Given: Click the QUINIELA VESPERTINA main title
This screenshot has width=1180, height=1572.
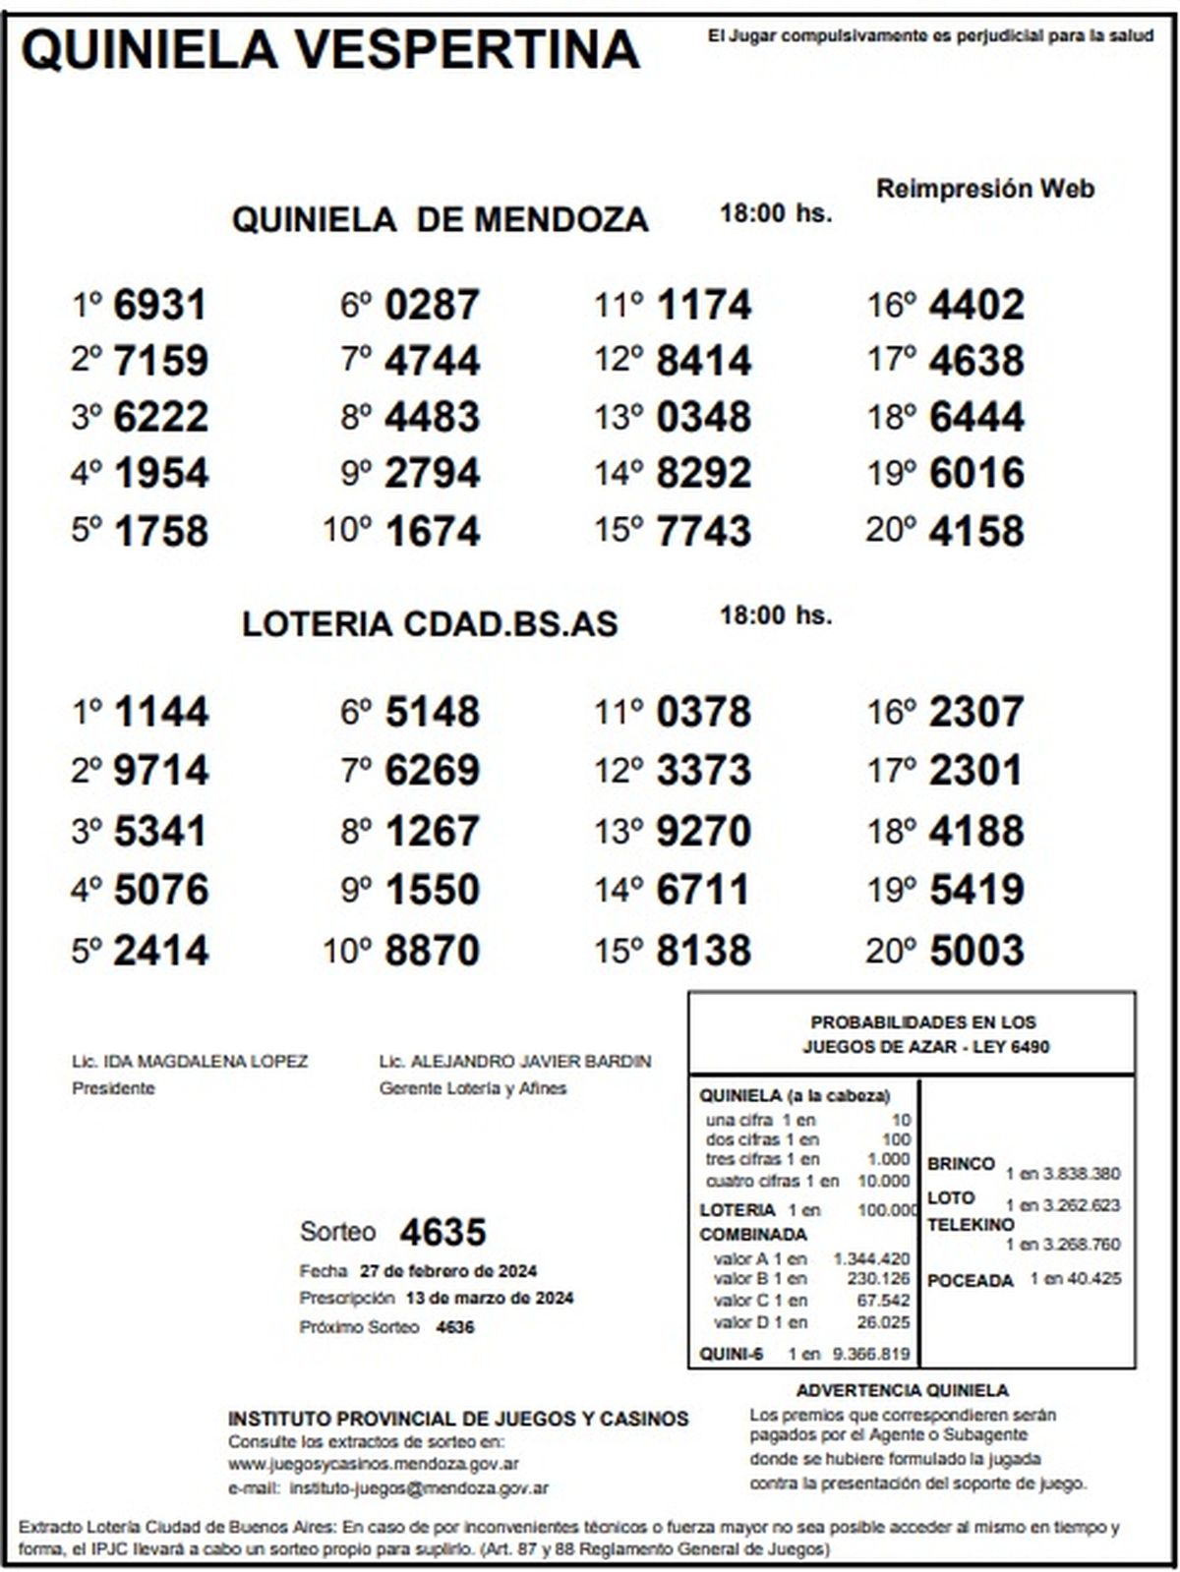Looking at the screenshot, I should coord(330,49).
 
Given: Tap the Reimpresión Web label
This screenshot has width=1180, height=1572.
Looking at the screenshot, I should coord(984,189).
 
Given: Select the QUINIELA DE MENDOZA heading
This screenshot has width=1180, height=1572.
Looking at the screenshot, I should coord(440,219).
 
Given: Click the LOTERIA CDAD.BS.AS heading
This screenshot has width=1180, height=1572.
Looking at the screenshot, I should coord(430,624).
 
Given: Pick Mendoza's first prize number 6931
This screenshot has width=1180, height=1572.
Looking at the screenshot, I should coord(160,305).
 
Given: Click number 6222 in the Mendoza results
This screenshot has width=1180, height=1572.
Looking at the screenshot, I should coord(160,417).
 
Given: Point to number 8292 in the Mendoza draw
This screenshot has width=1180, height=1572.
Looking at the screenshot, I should coord(703,473).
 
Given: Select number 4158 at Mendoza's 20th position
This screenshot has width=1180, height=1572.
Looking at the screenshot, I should coord(975,531).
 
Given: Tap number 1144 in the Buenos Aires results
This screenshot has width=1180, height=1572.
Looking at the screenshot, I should coord(160,712).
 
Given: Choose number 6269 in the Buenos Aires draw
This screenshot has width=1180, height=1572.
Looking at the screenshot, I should coord(432,770).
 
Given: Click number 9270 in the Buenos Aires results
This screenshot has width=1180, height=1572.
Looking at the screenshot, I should coord(703,831).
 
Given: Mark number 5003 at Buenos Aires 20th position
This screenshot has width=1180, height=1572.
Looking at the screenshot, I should coord(975,951).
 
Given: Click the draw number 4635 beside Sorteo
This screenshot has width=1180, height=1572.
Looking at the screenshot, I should coord(442,1232).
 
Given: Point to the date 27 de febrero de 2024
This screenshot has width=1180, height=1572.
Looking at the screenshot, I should coord(447,1271).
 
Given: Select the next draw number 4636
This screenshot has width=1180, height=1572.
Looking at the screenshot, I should coord(454,1327).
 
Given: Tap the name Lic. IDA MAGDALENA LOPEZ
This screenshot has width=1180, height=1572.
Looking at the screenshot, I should coord(190,1062).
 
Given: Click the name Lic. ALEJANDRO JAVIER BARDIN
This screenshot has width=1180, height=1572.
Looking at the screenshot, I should coord(515,1062).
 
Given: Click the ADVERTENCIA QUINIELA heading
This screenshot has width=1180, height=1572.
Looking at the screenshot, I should coord(902,1391).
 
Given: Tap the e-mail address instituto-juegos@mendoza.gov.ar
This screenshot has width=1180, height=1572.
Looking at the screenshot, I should coord(419,1488).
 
